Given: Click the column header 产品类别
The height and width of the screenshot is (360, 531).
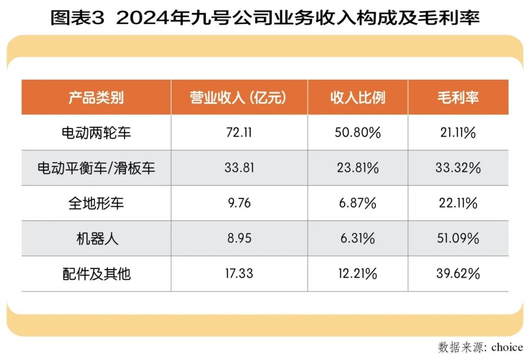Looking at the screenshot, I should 96,97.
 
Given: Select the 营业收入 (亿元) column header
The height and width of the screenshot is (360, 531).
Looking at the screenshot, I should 238,97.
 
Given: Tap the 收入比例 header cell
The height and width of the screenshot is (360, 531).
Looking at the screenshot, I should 357,97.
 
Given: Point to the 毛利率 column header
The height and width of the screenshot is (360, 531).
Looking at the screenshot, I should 458,97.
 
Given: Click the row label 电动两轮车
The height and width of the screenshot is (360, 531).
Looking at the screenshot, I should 96,132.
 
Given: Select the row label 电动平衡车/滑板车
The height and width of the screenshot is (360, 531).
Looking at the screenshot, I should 96,168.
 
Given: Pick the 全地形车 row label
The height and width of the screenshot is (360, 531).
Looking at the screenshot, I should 96,203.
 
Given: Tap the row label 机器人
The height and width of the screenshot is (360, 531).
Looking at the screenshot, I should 96,239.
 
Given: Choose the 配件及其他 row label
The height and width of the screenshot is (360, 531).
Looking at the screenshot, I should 96,273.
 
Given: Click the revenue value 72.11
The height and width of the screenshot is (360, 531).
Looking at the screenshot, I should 238,132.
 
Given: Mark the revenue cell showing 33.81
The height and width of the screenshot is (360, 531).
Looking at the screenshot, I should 239,168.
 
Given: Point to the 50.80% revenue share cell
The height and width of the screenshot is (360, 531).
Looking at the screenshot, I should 357,132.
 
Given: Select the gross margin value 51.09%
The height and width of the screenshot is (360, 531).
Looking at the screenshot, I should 458,239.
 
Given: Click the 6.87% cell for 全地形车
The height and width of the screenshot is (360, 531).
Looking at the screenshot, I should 357,203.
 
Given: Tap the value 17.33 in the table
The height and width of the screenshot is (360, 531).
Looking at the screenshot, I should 239,273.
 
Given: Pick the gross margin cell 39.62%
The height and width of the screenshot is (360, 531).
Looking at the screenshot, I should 458,273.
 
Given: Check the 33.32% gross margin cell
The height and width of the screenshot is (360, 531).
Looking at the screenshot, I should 458,168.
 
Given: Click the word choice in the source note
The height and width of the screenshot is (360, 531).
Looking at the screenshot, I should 506,347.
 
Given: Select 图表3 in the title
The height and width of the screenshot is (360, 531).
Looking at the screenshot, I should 78,18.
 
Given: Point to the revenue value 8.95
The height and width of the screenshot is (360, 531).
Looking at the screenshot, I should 239,239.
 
